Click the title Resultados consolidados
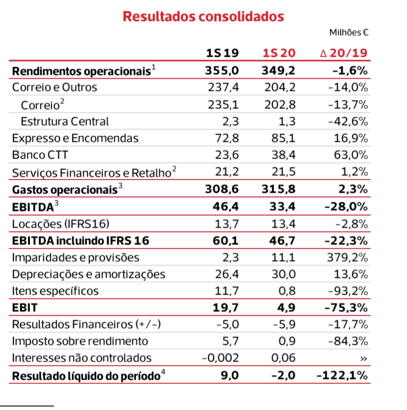[x=203, y=16]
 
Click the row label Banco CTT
[x=40, y=155]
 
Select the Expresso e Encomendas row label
[x=75, y=138]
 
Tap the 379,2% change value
[x=348, y=257]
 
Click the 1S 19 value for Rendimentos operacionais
[x=222, y=70]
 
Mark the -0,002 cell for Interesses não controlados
[x=221, y=358]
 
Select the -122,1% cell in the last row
[x=342, y=376]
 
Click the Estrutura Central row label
[x=64, y=121]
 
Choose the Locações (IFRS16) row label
[x=60, y=224]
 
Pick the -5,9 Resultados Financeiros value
[x=284, y=325]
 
